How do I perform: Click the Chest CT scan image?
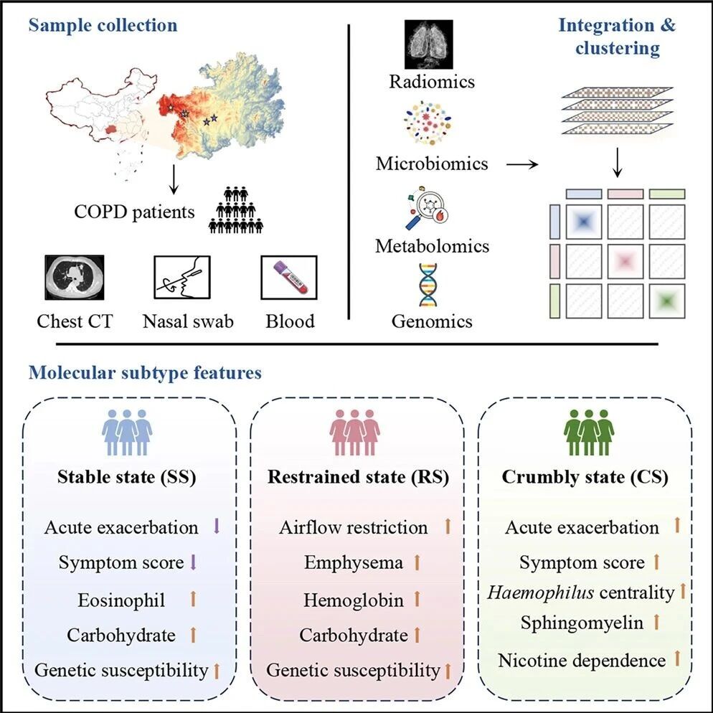pos(75,278)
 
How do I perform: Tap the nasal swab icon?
pos(182,277)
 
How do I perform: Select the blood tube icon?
pos(289,278)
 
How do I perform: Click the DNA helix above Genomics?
pos(428,285)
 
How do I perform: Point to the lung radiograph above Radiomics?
pos(429,44)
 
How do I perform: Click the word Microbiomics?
pos(432,164)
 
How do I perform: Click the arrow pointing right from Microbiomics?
pos(522,164)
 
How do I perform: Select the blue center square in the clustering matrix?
pos(584,222)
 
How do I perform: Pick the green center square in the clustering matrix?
pos(667,301)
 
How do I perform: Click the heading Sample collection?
pos(103,26)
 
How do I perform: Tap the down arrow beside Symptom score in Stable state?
pos(193,562)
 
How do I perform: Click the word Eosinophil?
pos(121,600)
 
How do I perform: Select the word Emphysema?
pos(354,563)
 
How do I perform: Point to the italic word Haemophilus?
pos(541,592)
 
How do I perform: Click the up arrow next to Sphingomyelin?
pos(656,622)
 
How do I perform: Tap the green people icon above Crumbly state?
pos(590,433)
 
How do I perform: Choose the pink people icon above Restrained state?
pos(354,433)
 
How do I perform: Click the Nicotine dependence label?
pos(582,660)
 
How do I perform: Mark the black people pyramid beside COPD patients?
pos(235,210)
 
